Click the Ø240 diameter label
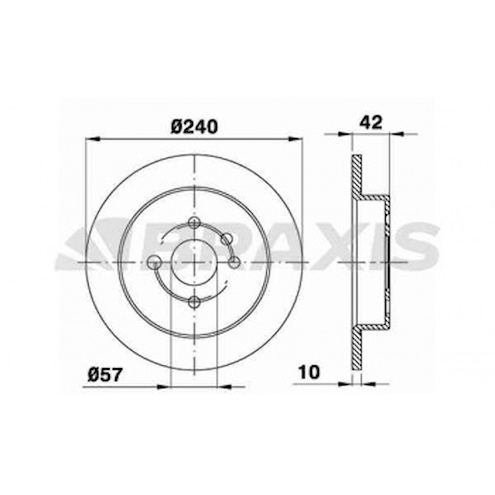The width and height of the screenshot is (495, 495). [x=195, y=125]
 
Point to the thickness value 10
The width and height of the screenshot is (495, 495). [x=309, y=372]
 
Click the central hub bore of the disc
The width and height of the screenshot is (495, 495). [x=194, y=262]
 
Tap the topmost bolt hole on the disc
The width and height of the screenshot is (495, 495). [x=194, y=223]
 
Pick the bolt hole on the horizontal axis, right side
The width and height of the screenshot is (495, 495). [x=234, y=263]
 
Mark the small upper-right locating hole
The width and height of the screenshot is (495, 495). [x=227, y=239]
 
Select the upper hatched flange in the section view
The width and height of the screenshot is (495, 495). [x=356, y=176]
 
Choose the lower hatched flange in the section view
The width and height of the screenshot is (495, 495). [x=356, y=348]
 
